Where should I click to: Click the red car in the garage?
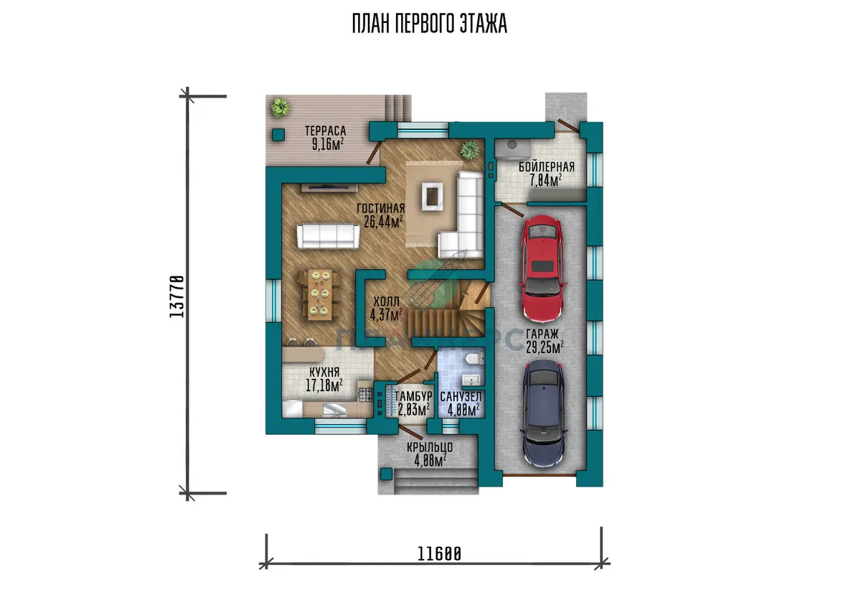[542, 268]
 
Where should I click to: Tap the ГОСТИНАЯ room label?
[380, 208]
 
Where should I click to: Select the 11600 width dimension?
[439, 554]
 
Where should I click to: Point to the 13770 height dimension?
[177, 296]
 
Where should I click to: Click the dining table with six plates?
[320, 294]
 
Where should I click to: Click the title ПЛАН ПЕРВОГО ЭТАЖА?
[430, 24]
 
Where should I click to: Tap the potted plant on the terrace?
[281, 108]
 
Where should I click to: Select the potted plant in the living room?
[470, 150]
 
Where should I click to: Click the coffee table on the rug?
[433, 197]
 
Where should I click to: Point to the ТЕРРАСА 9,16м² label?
[326, 138]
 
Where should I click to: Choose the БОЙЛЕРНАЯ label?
[546, 167]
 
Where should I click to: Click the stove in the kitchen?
[365, 395]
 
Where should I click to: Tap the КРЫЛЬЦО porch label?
[430, 447]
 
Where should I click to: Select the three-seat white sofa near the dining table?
[328, 236]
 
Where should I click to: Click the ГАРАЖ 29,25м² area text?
[545, 341]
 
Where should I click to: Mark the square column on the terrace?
[278, 134]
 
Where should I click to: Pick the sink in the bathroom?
[471, 380]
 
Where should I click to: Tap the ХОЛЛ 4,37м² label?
[386, 309]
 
